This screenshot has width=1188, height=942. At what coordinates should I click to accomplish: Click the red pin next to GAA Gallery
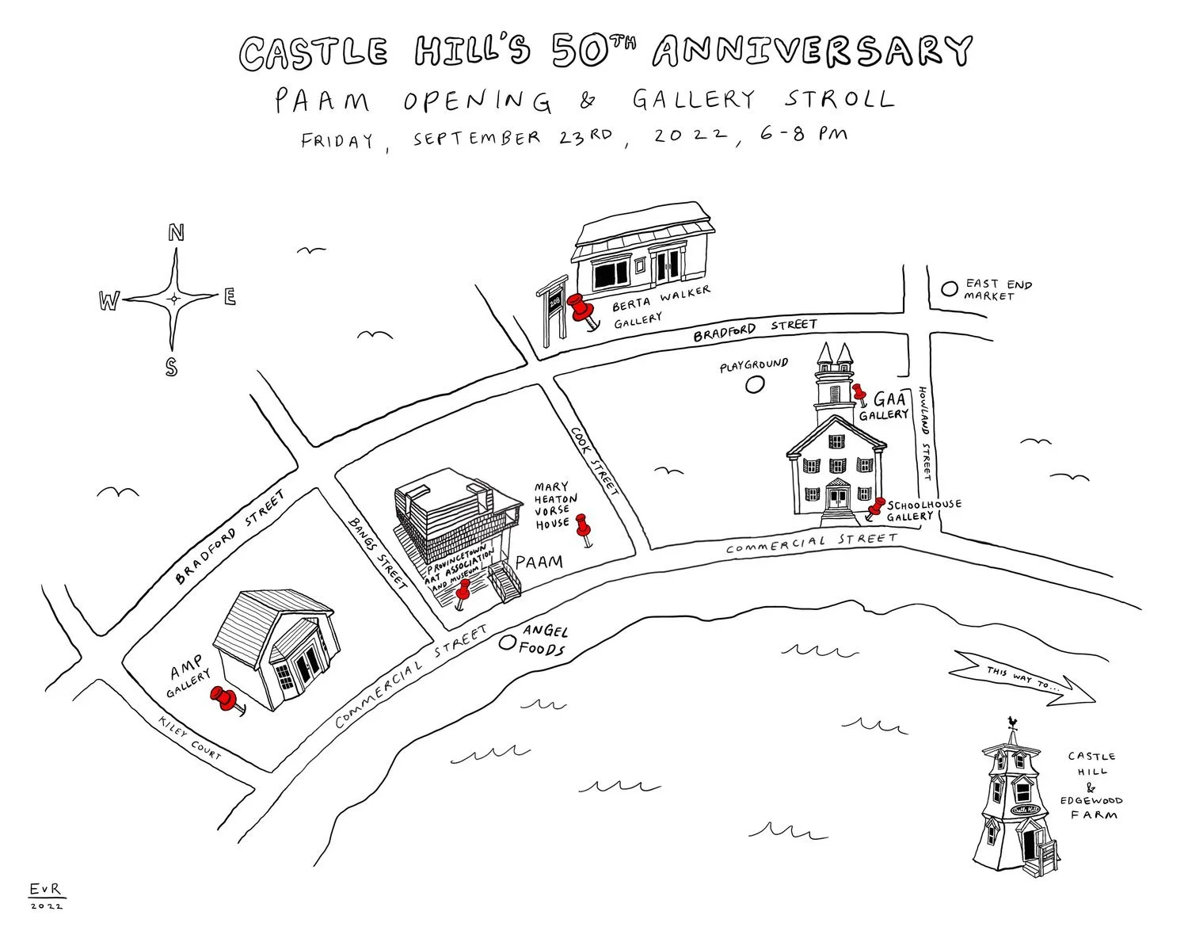(860, 393)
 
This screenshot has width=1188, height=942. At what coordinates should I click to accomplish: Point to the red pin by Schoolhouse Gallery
(876, 507)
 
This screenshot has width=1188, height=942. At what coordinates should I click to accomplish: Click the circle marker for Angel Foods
(505, 643)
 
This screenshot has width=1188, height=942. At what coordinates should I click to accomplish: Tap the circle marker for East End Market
(948, 289)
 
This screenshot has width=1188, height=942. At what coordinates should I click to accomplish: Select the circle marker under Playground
(756, 385)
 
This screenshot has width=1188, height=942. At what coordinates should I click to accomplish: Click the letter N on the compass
(176, 233)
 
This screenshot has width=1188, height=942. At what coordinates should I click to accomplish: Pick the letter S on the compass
(171, 367)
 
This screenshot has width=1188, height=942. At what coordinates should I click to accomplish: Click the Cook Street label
(594, 462)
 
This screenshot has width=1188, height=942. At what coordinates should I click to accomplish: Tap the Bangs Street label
(378, 552)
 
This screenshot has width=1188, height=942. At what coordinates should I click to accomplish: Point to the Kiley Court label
(191, 738)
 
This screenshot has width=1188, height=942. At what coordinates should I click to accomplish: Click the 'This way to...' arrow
(1026, 677)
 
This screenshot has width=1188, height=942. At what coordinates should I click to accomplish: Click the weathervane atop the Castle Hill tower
(1011, 722)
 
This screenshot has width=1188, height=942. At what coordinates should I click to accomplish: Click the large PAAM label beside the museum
(539, 562)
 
